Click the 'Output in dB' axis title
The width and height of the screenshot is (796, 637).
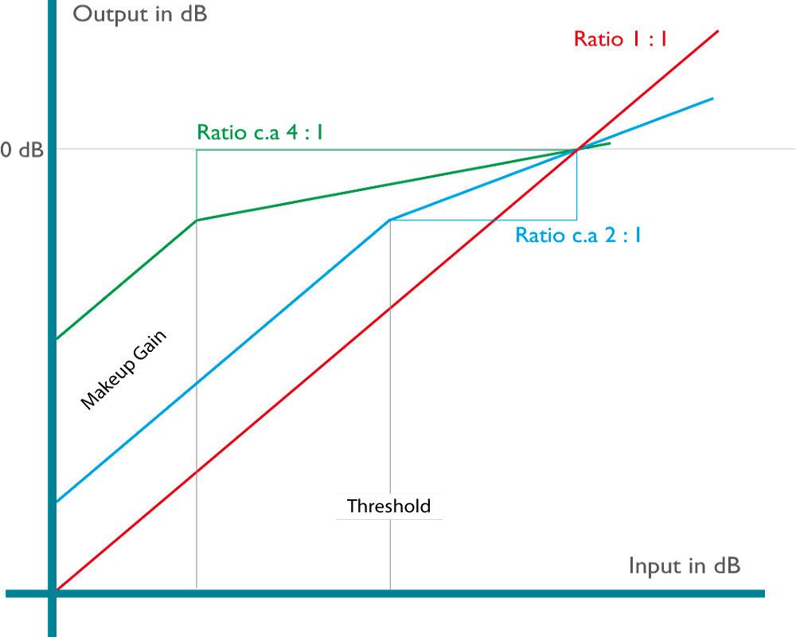click(140, 14)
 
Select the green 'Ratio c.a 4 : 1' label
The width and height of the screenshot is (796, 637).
click(259, 132)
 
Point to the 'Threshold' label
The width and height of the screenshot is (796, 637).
click(388, 506)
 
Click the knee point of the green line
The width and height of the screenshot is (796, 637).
click(197, 221)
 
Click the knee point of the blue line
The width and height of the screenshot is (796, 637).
click(390, 219)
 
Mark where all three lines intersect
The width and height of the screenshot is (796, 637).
click(576, 149)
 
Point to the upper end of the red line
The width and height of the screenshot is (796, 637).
click(718, 31)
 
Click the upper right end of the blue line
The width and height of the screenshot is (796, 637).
click(712, 99)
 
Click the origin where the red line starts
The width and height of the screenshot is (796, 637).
click(56, 590)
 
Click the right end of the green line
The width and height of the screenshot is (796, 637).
click(610, 143)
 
